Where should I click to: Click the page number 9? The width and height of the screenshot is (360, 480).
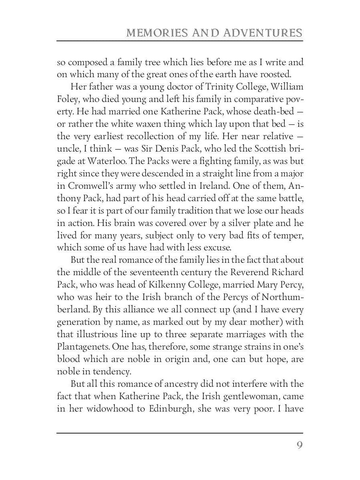coord(299,445)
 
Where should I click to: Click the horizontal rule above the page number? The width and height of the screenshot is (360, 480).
coord(180,432)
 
